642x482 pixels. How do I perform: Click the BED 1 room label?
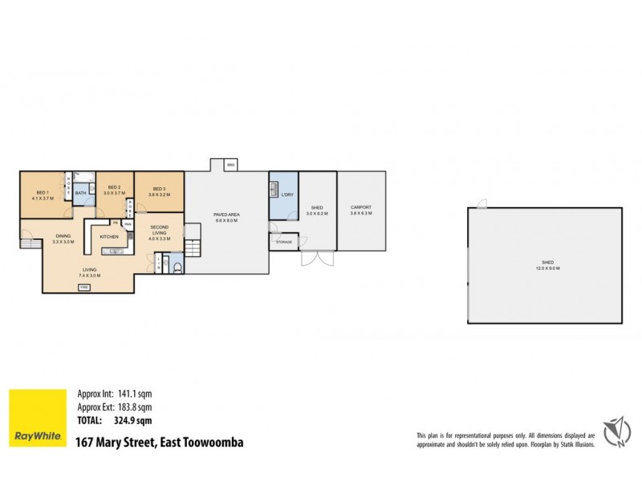(x=43, y=193)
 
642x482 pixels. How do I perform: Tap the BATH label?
(x=80, y=193)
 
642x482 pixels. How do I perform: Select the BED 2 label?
(x=114, y=187)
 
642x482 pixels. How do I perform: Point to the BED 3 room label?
(x=158, y=187)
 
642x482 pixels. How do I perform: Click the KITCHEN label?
(x=109, y=237)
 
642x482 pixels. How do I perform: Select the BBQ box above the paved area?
(x=230, y=165)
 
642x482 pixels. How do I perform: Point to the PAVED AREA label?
(x=224, y=214)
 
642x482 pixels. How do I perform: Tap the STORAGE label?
(x=283, y=241)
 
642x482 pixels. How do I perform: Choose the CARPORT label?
(x=360, y=207)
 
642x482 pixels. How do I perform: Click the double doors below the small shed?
(x=315, y=259)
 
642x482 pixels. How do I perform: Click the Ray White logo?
(x=38, y=418)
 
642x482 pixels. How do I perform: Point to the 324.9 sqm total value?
(x=134, y=419)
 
